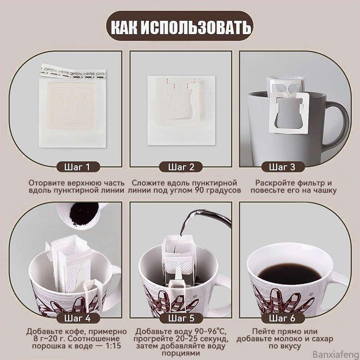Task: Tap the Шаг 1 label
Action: [78, 167]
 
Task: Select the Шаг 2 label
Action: [181, 167]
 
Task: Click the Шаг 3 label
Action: [282, 167]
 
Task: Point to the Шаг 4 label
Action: [78, 318]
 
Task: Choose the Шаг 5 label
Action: [181, 318]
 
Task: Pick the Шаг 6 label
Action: [282, 318]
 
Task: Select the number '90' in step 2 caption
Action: [201, 190]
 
